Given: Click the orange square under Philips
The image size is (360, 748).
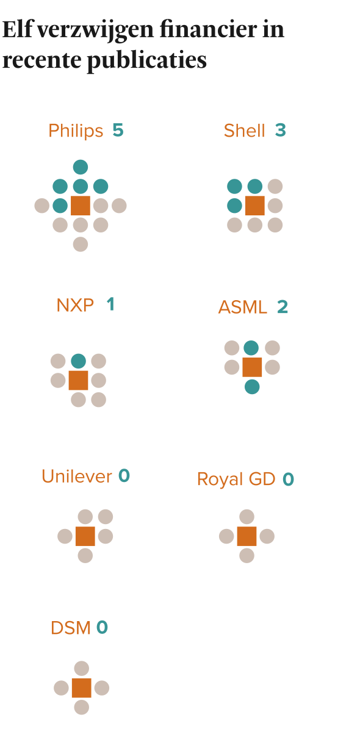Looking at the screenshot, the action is pyautogui.click(x=81, y=206).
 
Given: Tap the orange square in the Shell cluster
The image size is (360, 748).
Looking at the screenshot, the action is pyautogui.click(x=255, y=206).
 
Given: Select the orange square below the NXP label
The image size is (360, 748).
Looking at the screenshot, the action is pyautogui.click(x=78, y=380).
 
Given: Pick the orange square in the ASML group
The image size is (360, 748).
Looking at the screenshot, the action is pyautogui.click(x=252, y=367).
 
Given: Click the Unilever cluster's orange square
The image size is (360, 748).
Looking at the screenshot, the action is pyautogui.click(x=85, y=536).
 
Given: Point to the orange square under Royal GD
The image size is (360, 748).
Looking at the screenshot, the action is pyautogui.click(x=247, y=536).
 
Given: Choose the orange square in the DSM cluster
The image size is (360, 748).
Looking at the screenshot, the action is pyautogui.click(x=82, y=688).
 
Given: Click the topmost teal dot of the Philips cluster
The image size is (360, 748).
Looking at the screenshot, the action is pyautogui.click(x=81, y=167).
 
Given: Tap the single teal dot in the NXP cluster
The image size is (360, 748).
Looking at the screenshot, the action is pyautogui.click(x=79, y=361).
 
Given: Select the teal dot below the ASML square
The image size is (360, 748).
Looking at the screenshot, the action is pyautogui.click(x=252, y=387).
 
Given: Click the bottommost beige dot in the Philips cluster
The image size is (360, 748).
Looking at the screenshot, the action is pyautogui.click(x=81, y=244).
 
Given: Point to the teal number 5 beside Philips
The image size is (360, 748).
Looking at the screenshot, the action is pyautogui.click(x=118, y=130).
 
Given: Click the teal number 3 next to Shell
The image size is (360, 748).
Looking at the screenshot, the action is pyautogui.click(x=281, y=130).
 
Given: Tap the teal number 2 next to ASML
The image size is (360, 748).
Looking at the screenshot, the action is pyautogui.click(x=283, y=307).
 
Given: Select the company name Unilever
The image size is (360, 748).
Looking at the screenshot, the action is pyautogui.click(x=77, y=476).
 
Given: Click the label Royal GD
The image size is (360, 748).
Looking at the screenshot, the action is pyautogui.click(x=236, y=479).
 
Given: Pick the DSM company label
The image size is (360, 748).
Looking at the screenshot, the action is pyautogui.click(x=71, y=628).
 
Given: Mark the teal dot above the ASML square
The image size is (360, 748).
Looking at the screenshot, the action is pyautogui.click(x=251, y=348).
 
